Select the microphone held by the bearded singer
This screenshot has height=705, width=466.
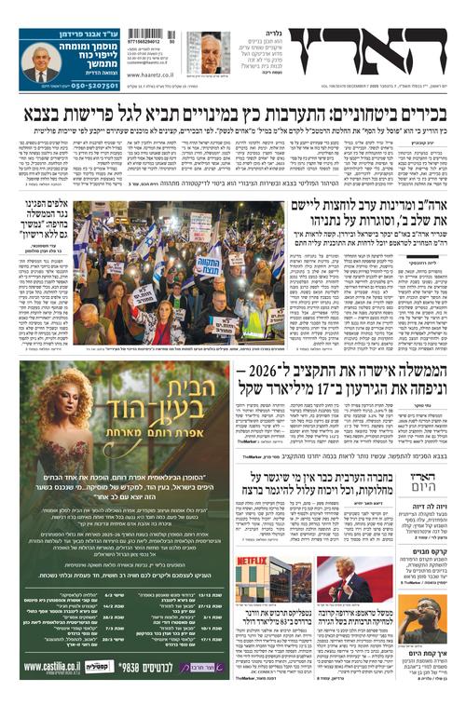[424, 619]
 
